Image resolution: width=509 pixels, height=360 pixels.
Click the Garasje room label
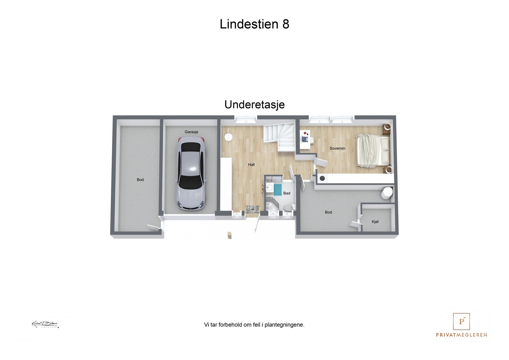click(192, 132)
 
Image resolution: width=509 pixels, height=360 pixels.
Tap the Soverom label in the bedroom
click(337, 149)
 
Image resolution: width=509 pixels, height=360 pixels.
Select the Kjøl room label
click(375, 222)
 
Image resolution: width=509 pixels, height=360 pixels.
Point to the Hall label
click(251, 165)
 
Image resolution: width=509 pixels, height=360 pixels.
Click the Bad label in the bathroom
click(287, 193)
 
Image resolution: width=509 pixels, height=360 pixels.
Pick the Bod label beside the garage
click(140, 180)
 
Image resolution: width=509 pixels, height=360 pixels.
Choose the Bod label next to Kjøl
click(328, 212)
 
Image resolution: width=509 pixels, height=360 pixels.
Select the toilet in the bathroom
click(287, 208)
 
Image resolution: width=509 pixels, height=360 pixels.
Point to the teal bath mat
click(278, 189)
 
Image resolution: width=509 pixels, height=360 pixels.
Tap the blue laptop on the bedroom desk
click(305, 139)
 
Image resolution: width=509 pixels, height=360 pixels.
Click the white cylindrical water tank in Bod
click(387, 193)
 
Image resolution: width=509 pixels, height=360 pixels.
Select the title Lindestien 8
click(254, 24)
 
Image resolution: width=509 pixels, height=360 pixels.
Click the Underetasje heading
click(254, 105)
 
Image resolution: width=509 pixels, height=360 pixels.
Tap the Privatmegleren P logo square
click(461, 322)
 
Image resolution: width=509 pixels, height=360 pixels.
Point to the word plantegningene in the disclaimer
click(284, 325)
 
